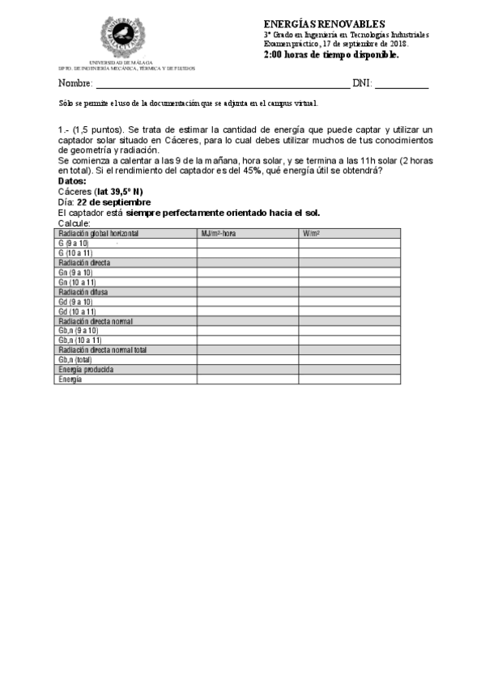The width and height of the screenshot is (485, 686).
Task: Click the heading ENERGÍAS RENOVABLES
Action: [x=324, y=25]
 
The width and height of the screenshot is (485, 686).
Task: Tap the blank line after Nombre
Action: [x=223, y=84]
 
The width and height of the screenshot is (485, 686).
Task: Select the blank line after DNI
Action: [x=401, y=84]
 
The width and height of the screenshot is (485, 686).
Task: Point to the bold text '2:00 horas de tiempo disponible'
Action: [x=331, y=54]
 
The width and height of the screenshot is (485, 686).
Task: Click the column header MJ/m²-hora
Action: [x=219, y=233]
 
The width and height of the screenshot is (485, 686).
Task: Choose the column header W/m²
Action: [x=311, y=233]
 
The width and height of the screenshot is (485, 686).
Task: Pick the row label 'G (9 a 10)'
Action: [x=74, y=243]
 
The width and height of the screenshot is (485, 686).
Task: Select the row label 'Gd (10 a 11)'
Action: [x=78, y=311]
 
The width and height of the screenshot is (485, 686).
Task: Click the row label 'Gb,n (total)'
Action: [x=75, y=360]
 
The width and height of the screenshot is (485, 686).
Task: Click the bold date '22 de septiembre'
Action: [x=113, y=202]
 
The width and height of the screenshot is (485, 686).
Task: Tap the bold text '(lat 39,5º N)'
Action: [x=118, y=192]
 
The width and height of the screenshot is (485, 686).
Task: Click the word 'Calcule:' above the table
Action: [x=74, y=222]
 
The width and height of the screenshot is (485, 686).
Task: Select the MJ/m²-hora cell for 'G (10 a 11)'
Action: [x=247, y=252]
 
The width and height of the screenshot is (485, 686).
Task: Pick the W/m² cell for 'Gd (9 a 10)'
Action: [x=349, y=302]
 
